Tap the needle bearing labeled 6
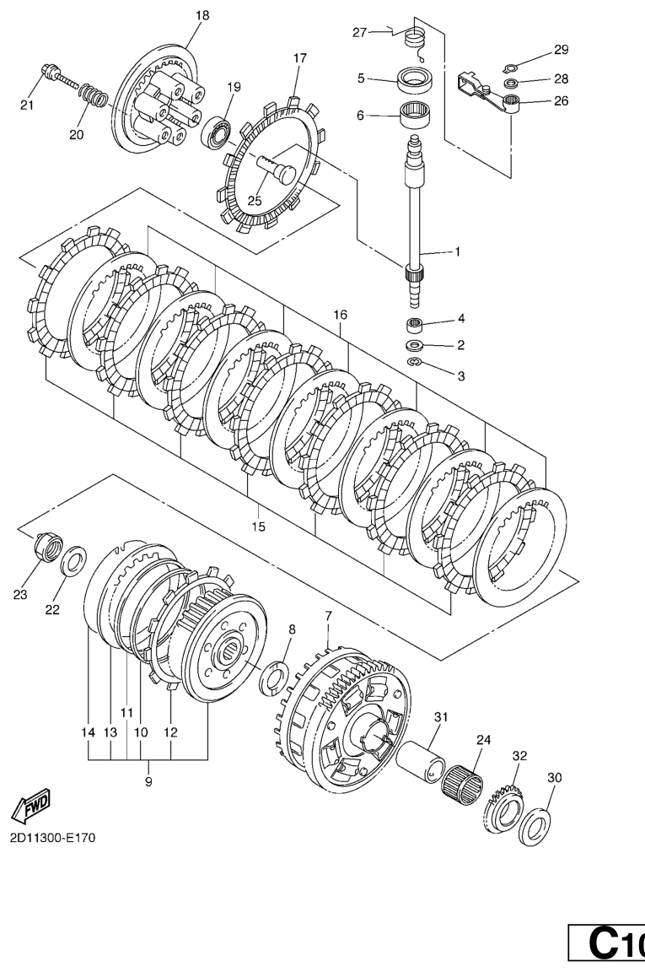(416, 116)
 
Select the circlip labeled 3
(414, 363)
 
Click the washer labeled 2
(415, 345)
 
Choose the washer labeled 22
(74, 558)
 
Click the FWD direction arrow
(29, 805)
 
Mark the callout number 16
(340, 315)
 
